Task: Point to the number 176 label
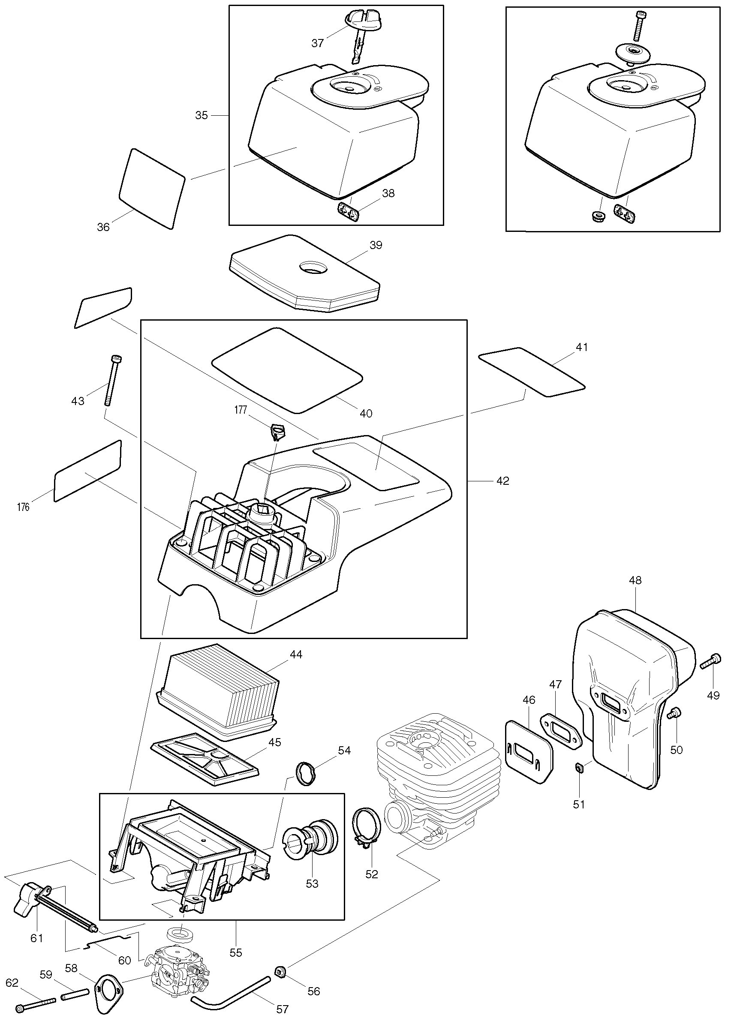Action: click(x=23, y=507)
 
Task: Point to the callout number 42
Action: click(x=502, y=481)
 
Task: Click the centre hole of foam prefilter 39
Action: click(x=312, y=267)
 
